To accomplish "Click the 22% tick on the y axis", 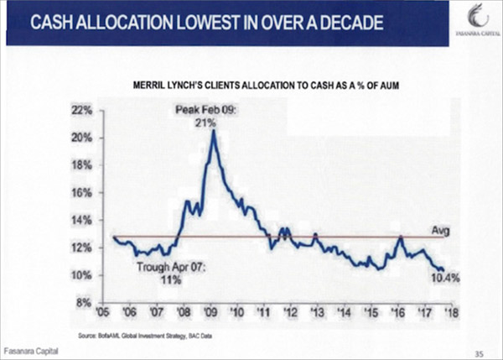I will point(91,111).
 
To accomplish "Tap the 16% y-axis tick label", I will point(91,193).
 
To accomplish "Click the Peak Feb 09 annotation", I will point(206,116).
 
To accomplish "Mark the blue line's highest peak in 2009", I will point(214,132).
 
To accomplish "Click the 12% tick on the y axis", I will point(91,248).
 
